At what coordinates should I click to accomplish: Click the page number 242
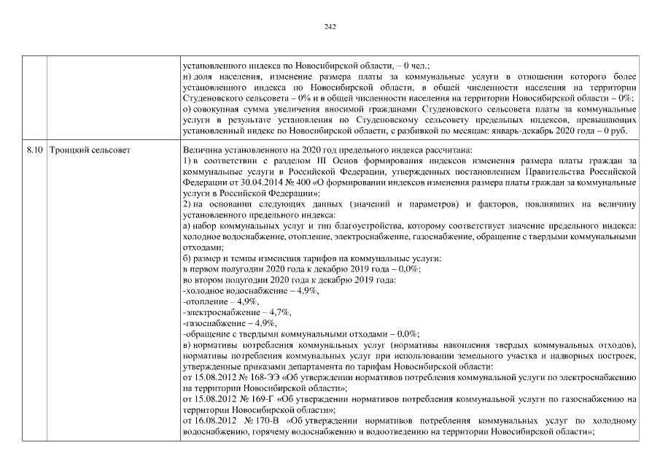click(330, 27)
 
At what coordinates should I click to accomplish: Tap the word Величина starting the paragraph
click(201, 149)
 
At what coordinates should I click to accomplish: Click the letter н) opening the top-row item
click(187, 76)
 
